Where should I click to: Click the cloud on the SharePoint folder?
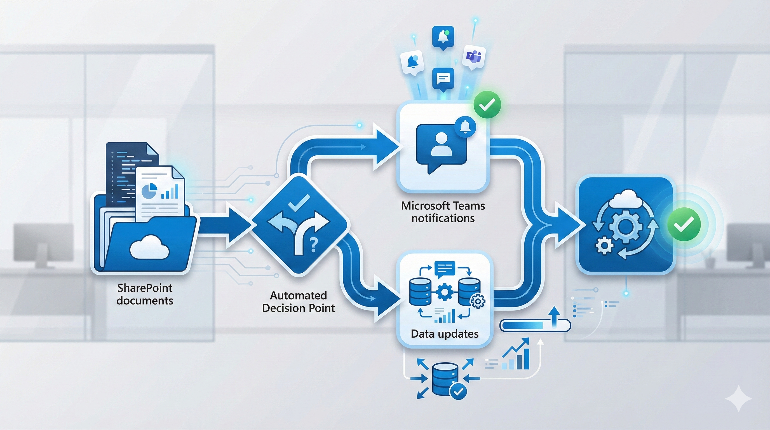click(149, 247)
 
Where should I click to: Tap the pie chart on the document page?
click(149, 191)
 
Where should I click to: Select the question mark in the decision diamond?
click(313, 245)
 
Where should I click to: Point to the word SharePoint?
click(145, 288)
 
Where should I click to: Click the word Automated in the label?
click(298, 295)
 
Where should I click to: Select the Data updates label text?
click(445, 334)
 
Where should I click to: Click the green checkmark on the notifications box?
click(487, 104)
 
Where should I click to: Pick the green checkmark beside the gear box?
click(684, 224)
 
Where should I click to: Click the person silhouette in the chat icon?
click(441, 144)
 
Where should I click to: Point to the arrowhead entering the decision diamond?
click(239, 224)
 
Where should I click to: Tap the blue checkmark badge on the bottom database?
click(458, 391)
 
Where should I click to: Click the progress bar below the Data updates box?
click(535, 325)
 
